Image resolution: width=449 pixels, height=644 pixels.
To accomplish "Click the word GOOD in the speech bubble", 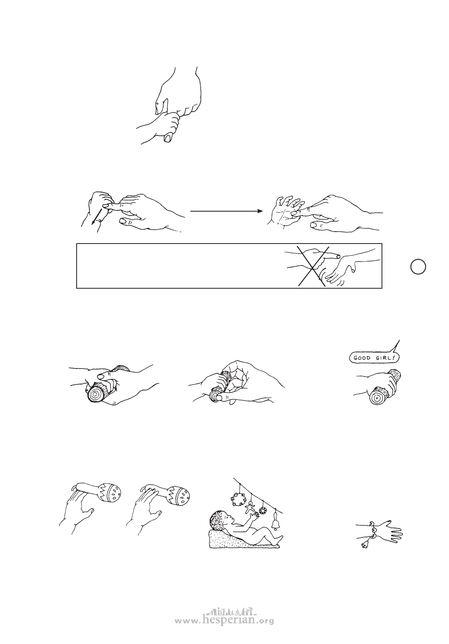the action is coord(362,358).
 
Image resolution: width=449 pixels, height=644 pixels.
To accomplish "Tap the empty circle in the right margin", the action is coord(418,266).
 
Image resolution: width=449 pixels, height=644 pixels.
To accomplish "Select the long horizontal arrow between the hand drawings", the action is coord(227,211).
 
